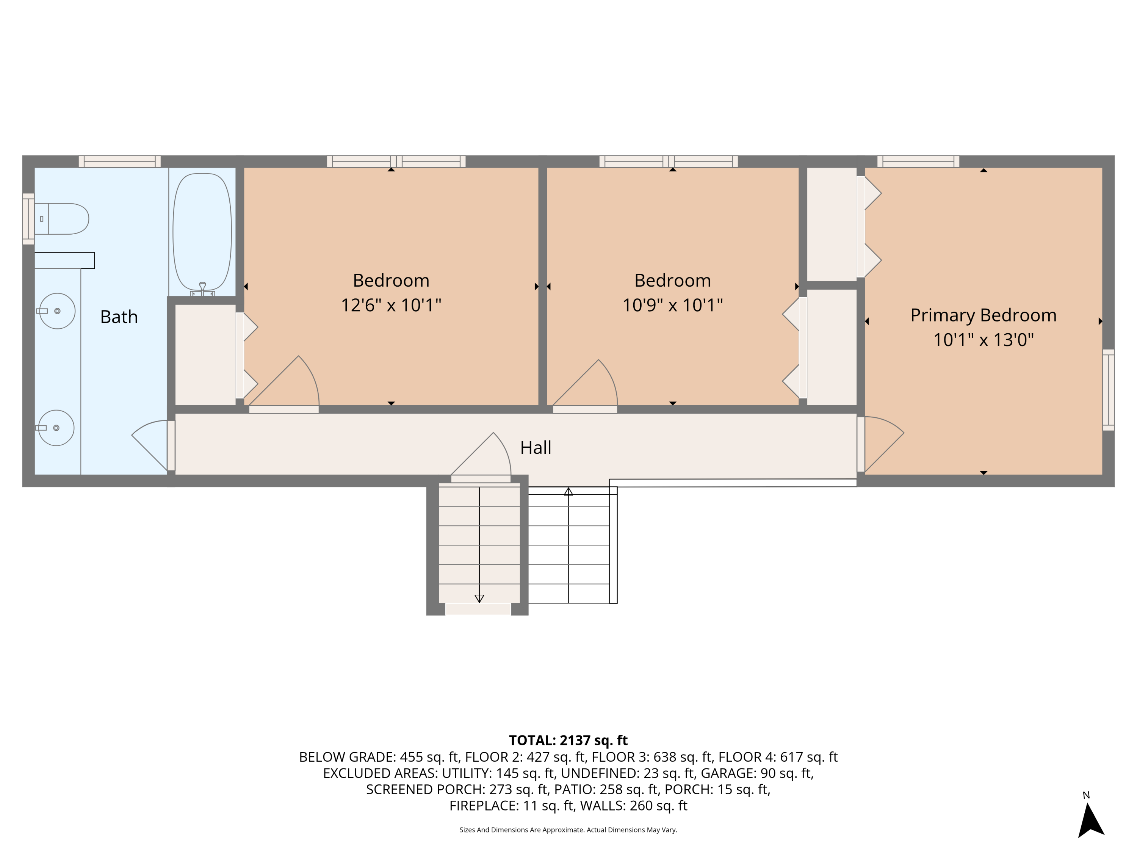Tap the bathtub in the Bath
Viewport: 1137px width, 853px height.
click(x=202, y=231)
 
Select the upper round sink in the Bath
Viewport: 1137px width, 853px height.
click(x=58, y=311)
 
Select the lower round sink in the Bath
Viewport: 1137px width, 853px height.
click(x=56, y=428)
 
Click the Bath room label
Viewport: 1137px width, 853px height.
click(x=119, y=317)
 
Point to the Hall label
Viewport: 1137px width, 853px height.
click(x=536, y=447)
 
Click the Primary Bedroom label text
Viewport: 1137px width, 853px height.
click(x=983, y=315)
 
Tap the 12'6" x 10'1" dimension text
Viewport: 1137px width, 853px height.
click(x=391, y=305)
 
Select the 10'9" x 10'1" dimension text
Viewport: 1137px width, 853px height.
click(x=672, y=305)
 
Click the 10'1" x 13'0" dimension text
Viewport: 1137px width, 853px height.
click(x=983, y=340)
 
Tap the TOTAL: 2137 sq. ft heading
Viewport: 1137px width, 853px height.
click(x=568, y=740)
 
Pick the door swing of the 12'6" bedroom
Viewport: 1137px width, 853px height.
click(x=288, y=383)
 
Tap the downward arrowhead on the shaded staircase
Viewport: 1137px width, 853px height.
click(x=479, y=598)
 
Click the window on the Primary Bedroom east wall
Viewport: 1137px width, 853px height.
click(x=1108, y=390)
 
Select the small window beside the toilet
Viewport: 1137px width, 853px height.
click(x=28, y=218)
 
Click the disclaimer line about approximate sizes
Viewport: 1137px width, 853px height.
click(x=568, y=829)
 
